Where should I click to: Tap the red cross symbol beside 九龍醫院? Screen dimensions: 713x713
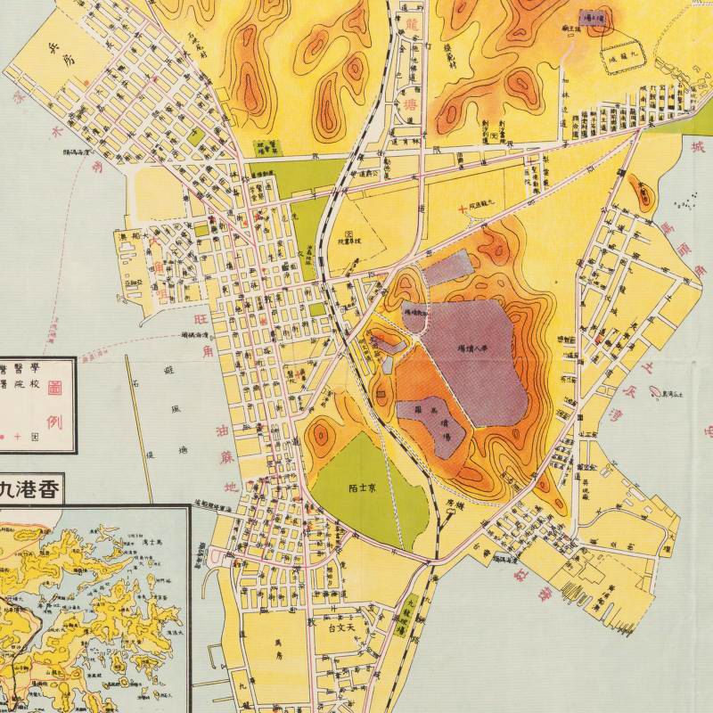click(x=461, y=209)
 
